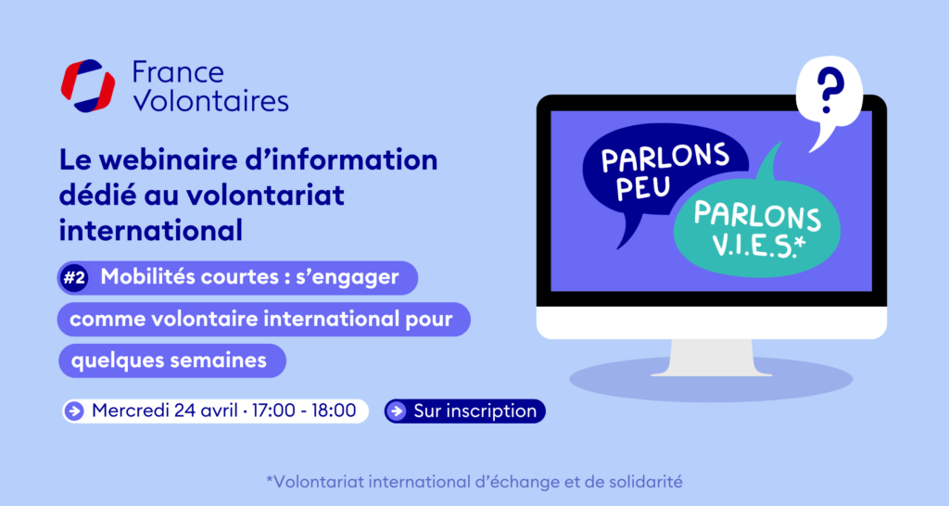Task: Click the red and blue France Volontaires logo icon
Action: point(88,86)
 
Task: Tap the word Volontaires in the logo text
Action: point(210,101)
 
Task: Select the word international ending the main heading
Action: point(151,231)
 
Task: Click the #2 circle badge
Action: point(74,278)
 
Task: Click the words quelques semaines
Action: point(169,361)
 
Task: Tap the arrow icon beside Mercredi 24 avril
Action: point(74,411)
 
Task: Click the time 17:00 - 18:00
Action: point(304,411)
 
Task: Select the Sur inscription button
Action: point(465,411)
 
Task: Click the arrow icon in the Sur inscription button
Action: point(397,411)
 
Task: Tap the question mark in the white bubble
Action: point(829,91)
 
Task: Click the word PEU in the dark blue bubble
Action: point(643,187)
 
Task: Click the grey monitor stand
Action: point(711,358)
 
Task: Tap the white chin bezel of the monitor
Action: point(711,323)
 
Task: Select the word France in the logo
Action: point(178,72)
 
